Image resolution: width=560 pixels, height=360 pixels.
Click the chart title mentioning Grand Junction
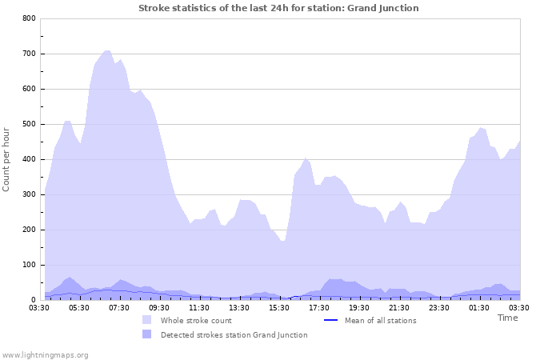(x=278, y=8)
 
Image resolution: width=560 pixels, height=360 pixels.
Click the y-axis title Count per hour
(x=7, y=159)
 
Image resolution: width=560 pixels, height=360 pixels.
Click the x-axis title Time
(x=507, y=318)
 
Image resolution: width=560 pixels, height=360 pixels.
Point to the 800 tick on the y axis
(x=29, y=18)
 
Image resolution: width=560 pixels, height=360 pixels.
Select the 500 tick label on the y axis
(x=29, y=124)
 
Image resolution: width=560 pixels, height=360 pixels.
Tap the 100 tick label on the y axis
(x=29, y=265)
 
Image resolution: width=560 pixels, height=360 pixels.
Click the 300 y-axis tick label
(x=29, y=194)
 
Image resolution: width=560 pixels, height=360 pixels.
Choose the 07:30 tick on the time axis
(x=119, y=307)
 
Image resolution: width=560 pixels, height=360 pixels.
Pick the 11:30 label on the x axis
(x=199, y=307)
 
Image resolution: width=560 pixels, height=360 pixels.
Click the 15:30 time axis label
(x=279, y=307)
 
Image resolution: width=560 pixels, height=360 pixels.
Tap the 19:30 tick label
(x=359, y=307)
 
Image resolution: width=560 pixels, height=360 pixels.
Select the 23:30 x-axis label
(x=439, y=307)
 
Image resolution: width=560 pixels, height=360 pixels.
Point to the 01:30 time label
(x=479, y=307)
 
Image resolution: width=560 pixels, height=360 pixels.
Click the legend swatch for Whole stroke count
(x=147, y=321)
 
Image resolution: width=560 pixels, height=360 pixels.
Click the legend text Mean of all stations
(x=380, y=321)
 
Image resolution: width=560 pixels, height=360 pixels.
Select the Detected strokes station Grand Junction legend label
(x=234, y=335)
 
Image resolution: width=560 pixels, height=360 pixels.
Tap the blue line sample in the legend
(x=331, y=321)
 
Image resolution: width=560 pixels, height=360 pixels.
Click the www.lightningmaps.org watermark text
(x=45, y=354)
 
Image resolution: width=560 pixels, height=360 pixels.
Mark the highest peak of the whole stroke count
(x=106, y=50)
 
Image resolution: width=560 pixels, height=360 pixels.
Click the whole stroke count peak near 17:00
(x=306, y=158)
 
